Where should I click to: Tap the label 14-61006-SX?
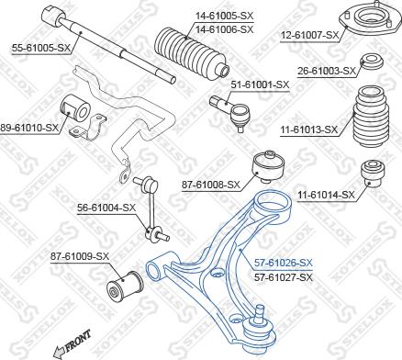tap(200, 29)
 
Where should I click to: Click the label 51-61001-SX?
tap(260, 84)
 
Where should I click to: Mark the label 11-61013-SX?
tap(324, 129)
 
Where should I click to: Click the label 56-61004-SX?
tap(106, 208)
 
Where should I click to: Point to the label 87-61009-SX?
tap(80, 256)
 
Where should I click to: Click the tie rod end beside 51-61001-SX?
tap(236, 111)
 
